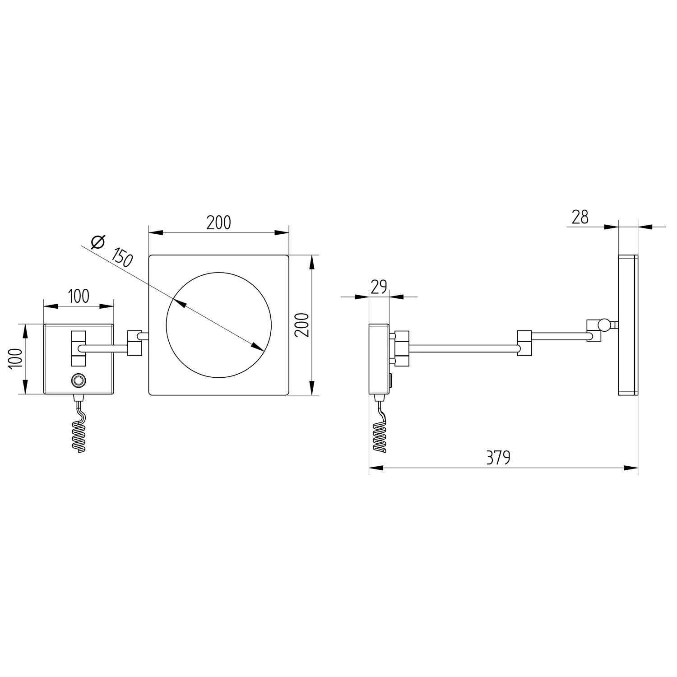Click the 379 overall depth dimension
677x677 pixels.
coord(498,458)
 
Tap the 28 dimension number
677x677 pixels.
coord(580,218)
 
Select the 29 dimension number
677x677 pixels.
coord(379,287)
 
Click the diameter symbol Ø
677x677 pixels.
coord(97,242)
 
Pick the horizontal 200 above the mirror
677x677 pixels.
coord(218,223)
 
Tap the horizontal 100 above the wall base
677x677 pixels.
coord(78,296)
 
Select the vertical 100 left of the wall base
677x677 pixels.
coord(15,358)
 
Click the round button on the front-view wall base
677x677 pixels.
coord(78,380)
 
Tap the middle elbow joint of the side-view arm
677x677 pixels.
coord(524,343)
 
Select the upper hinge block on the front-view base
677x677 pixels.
coord(78,337)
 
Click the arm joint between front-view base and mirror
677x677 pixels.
coord(135,343)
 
